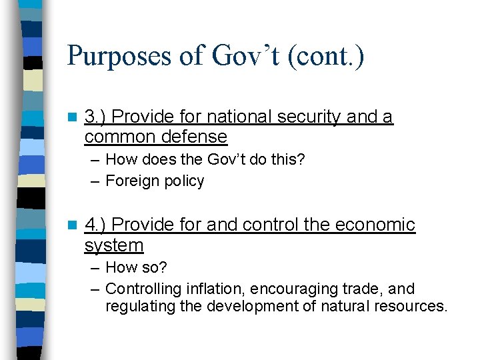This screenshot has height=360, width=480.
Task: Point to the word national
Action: coord(238,117)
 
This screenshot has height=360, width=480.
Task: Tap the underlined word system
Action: coord(114,245)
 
